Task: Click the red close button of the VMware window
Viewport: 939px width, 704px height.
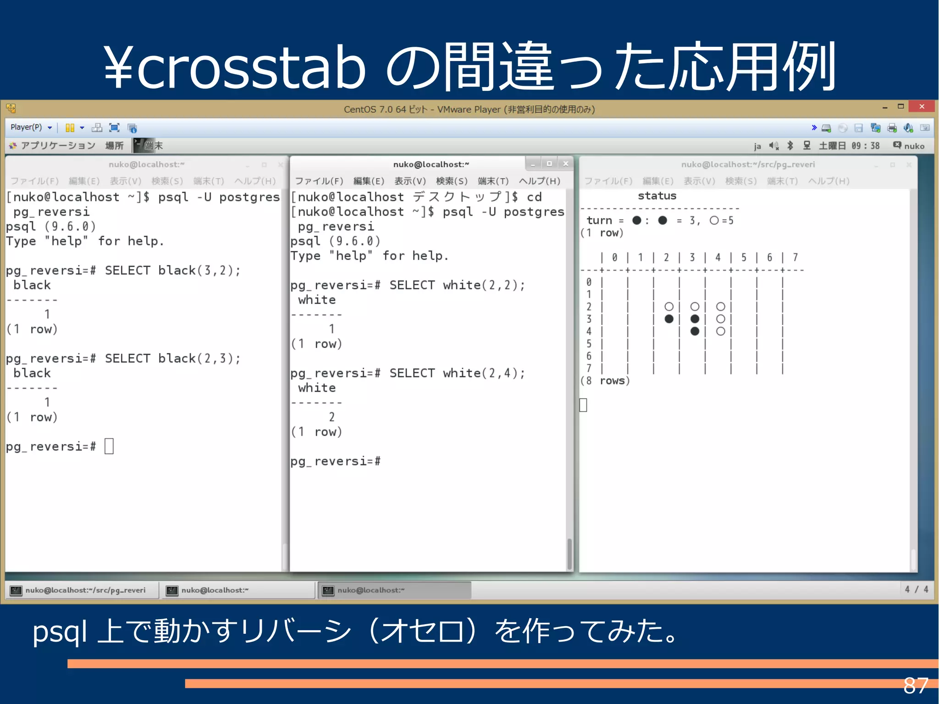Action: (922, 106)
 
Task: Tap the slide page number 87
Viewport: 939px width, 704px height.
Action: (916, 686)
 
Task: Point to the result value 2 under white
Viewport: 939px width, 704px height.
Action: (331, 417)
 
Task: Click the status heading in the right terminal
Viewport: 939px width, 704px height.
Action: (657, 196)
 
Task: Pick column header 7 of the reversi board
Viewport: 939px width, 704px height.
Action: (795, 257)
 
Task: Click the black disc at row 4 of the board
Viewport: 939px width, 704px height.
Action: (695, 331)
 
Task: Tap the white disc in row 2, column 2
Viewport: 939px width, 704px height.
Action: (669, 306)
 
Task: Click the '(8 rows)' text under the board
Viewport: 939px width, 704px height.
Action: (605, 381)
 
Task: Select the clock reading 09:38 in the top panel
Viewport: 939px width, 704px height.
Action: (865, 146)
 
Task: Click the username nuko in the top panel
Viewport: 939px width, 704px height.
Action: (914, 146)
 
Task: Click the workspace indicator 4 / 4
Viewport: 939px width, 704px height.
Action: (916, 589)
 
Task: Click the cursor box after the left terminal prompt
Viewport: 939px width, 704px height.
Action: (109, 446)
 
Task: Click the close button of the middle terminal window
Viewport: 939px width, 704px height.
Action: (566, 164)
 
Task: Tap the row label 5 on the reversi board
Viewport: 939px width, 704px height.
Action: (589, 344)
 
